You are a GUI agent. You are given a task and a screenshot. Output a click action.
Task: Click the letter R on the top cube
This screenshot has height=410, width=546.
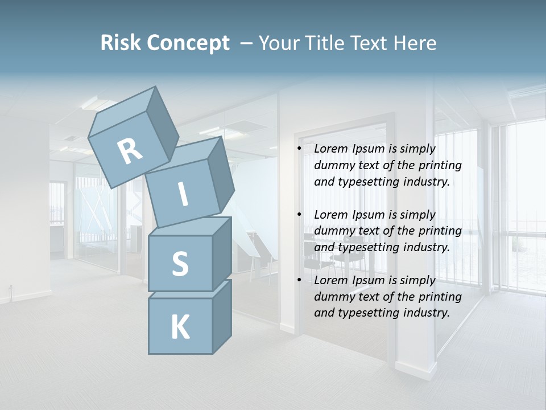pos(130,151)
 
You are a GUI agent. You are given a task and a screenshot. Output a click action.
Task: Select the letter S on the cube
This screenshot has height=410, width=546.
pos(180,264)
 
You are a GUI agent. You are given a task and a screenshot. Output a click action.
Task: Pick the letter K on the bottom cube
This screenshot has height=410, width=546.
pos(180,327)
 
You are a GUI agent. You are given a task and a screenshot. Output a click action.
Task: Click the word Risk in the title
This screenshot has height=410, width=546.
pos(122,43)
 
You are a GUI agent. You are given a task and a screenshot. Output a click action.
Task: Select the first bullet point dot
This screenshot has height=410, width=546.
pos(299,149)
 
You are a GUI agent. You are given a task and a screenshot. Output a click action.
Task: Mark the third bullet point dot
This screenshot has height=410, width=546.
pos(299,281)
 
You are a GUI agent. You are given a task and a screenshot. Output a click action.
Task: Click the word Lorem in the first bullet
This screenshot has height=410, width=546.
pos(330,149)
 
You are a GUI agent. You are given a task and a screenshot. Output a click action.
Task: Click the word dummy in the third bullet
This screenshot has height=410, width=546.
pos(333,297)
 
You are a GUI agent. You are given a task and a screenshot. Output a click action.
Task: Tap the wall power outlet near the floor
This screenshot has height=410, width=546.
pos(11,287)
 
